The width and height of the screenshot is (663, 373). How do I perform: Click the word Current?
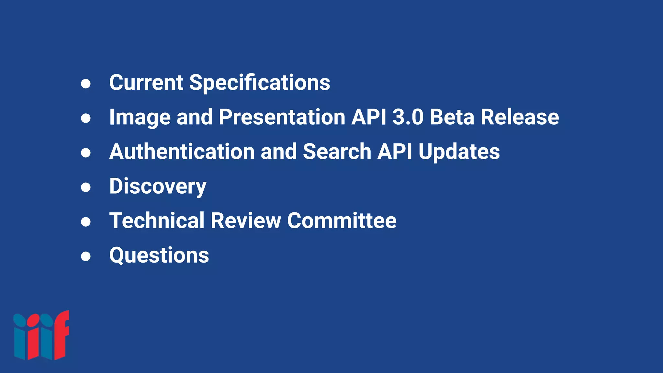click(x=146, y=82)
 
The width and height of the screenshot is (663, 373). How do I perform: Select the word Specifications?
click(x=260, y=83)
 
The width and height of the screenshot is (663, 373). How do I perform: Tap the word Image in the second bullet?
click(x=140, y=117)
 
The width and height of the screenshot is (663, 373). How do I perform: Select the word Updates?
click(x=459, y=152)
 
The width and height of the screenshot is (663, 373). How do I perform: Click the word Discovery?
click(x=158, y=186)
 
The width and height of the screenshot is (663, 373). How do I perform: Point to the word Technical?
click(x=157, y=220)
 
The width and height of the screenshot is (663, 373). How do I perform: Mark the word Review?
click(x=246, y=220)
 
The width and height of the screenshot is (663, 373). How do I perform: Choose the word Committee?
click(x=342, y=220)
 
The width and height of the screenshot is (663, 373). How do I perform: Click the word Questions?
click(x=159, y=255)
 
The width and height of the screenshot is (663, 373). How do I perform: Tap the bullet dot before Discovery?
click(x=86, y=187)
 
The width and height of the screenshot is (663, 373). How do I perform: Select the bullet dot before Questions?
click(x=86, y=256)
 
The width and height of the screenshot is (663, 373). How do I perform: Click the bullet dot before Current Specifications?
click(x=86, y=84)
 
